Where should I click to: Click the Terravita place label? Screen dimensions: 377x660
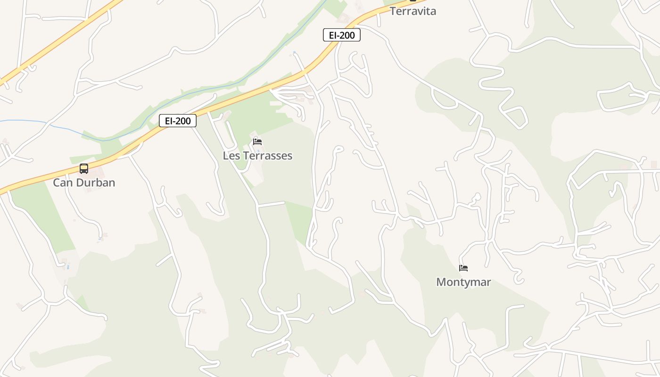point(412,11)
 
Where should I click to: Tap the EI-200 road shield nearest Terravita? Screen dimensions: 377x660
point(341,35)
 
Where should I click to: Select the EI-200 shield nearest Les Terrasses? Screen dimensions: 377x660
point(177,121)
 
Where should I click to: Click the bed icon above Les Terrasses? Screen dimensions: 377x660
point(257,141)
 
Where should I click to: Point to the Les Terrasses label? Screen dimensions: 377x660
point(257,156)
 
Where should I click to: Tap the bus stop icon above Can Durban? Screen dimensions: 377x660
point(84,169)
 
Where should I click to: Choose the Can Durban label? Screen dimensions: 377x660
point(84,182)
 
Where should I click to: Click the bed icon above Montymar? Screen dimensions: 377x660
point(463,268)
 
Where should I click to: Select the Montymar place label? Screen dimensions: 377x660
point(463,282)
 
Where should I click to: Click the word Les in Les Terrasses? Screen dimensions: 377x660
point(231,156)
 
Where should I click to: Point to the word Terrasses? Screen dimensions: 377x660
point(267,156)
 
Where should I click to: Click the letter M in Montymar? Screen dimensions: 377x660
point(441,282)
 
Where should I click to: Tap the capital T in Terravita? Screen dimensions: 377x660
point(393,11)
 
